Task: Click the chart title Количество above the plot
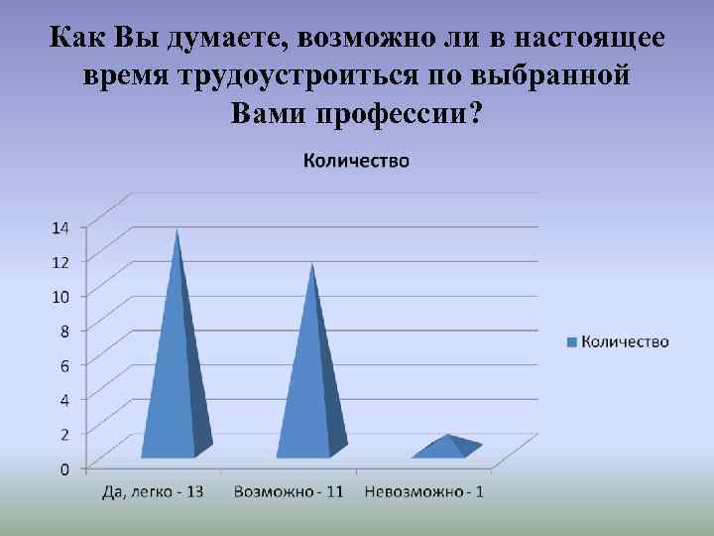tap(355, 160)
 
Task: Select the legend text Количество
tap(625, 341)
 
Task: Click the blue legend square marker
tap(571, 342)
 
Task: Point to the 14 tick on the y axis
tap(60, 226)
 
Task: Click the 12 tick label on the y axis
tap(60, 261)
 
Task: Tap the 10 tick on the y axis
tap(60, 296)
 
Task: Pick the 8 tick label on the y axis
tap(64, 331)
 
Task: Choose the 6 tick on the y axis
tap(64, 365)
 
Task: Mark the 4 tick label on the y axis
tap(64, 400)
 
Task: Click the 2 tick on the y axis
tap(64, 434)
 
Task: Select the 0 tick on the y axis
tap(64, 469)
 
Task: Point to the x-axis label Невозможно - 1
tap(424, 492)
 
